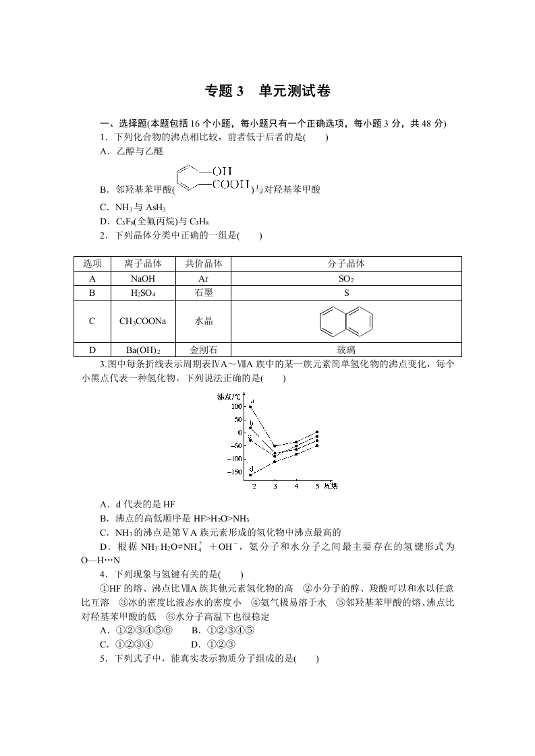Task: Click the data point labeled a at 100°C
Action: [x=251, y=407]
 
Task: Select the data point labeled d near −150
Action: [x=251, y=474]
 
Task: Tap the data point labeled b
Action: [x=251, y=428]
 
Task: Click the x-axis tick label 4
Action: [x=296, y=486]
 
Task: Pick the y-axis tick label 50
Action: [x=236, y=420]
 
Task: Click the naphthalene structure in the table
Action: [x=346, y=321]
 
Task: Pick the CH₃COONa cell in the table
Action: [x=143, y=321]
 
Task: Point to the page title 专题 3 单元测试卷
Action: [x=267, y=92]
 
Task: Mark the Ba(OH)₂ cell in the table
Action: [x=143, y=350]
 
